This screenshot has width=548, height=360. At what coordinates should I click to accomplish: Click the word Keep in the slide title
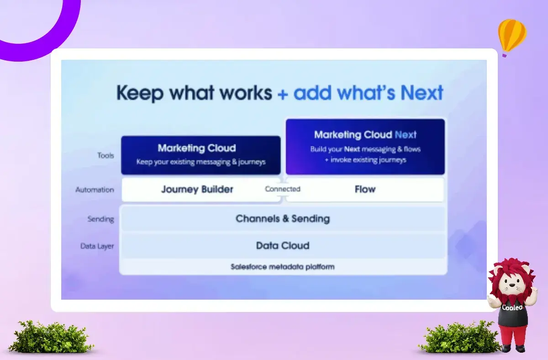click(140, 93)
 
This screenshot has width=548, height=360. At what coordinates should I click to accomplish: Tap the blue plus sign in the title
click(283, 95)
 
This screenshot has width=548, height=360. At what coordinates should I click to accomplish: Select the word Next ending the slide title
click(422, 93)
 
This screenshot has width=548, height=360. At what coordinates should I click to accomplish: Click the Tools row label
click(105, 155)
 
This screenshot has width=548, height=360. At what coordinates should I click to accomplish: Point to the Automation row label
click(95, 190)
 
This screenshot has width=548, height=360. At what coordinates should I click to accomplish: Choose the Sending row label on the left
click(101, 219)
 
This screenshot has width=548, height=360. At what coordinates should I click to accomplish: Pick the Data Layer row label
click(97, 246)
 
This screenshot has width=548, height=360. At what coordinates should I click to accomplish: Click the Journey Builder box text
click(197, 190)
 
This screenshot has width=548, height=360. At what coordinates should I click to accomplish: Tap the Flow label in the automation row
click(365, 189)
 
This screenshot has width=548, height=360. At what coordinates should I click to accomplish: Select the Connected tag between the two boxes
click(283, 189)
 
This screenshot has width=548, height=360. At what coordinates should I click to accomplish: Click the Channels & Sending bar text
click(283, 218)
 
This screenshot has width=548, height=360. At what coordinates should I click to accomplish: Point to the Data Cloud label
click(283, 245)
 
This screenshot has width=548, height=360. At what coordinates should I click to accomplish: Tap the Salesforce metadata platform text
click(283, 266)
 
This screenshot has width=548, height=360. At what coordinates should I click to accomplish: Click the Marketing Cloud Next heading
click(365, 135)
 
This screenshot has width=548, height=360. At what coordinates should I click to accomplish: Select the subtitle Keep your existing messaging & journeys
click(201, 162)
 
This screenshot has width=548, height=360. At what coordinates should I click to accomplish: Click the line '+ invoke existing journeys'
click(365, 160)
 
